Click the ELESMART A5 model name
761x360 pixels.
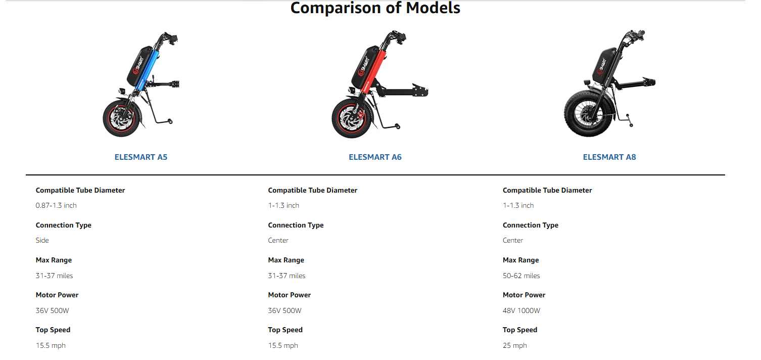[140, 157]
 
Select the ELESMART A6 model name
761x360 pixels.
[375, 157]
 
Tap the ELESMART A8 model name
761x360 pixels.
[609, 157]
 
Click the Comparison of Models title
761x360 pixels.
[375, 8]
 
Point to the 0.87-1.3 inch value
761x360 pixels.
[56, 205]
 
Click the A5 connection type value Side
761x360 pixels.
[42, 240]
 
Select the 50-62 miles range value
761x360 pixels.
[521, 276]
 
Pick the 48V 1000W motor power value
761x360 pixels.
[521, 310]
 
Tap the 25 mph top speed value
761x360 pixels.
[515, 345]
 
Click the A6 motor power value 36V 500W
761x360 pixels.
[284, 310]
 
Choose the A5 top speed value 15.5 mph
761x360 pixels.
[51, 345]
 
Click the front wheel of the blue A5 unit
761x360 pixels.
[122, 118]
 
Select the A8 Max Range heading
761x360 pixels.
[521, 260]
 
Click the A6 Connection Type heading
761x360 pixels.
[296, 225]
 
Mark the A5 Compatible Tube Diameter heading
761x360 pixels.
[80, 191]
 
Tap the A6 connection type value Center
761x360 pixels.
[278, 240]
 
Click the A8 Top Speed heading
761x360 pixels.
[520, 330]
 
